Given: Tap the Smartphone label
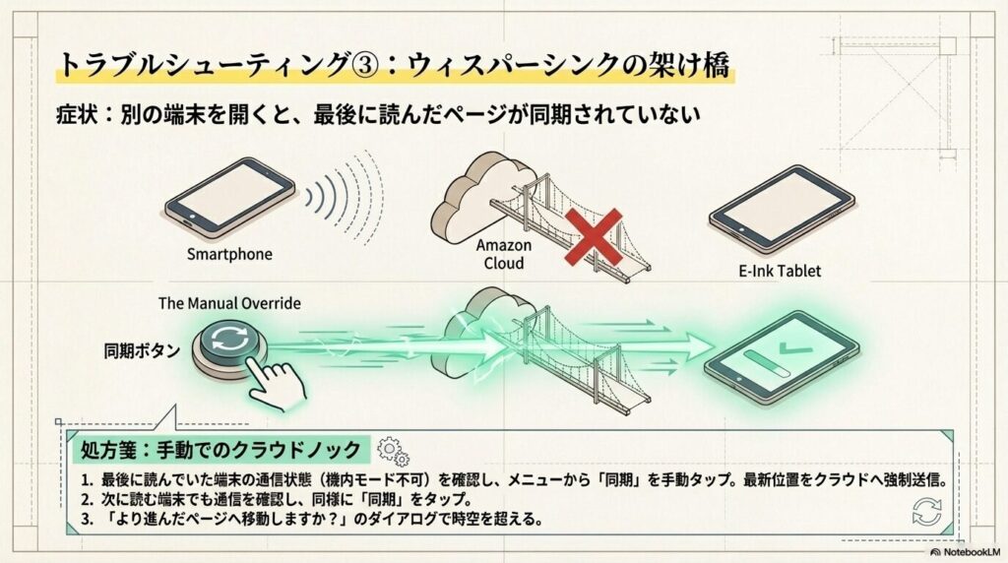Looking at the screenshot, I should click(229, 254).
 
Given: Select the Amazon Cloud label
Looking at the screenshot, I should click(503, 254).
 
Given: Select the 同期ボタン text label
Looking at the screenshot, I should click(142, 349).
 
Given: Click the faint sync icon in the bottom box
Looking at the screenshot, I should click(926, 512).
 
